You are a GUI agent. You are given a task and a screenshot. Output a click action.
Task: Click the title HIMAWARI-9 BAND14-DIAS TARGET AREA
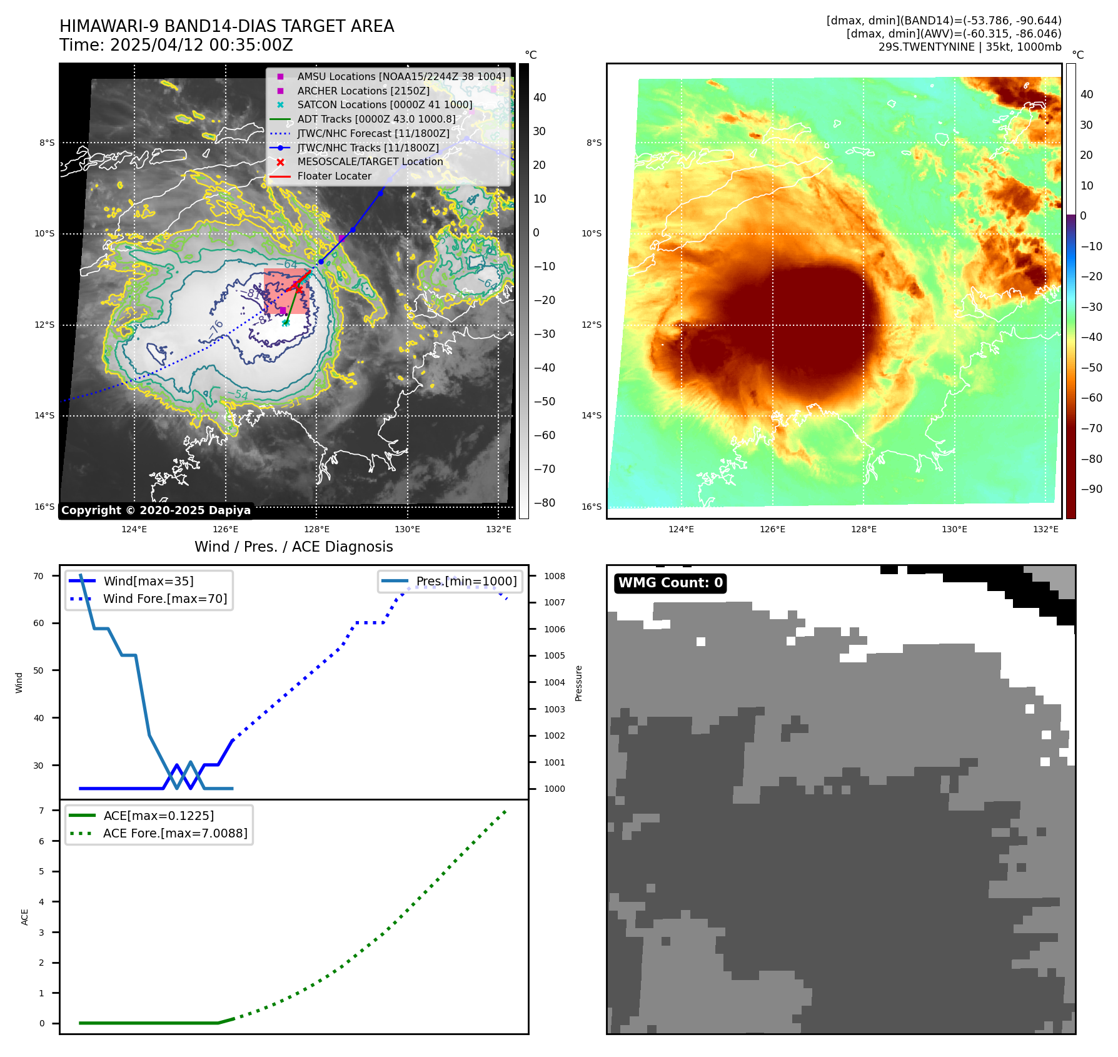coord(226,26)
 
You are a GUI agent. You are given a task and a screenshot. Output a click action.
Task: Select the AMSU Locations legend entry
coord(401,76)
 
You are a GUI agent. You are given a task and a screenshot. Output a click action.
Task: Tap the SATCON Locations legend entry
coord(385,104)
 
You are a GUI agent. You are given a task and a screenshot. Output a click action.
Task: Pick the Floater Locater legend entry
coord(334,176)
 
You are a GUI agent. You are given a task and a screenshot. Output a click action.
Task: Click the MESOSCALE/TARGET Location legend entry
coord(370,161)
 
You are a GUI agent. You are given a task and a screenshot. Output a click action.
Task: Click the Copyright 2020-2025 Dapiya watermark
coord(156,510)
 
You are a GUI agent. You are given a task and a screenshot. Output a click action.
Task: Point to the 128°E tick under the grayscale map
coord(317,529)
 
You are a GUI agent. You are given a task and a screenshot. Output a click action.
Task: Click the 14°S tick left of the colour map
coord(591,415)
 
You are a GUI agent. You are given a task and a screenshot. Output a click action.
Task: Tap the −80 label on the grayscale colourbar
coord(544,503)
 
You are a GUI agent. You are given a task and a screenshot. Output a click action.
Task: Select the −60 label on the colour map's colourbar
coord(1092,398)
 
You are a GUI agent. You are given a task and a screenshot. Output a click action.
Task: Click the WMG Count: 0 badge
coord(670,583)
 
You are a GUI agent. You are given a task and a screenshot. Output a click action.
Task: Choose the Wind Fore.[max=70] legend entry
coord(165,599)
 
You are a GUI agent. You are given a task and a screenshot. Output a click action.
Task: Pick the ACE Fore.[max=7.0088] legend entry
coord(175,833)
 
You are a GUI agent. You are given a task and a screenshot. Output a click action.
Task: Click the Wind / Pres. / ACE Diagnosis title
coord(294,547)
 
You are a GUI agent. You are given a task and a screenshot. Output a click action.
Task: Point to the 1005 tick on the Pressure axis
coord(554,655)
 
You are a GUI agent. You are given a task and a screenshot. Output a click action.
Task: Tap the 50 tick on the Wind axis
coord(39,670)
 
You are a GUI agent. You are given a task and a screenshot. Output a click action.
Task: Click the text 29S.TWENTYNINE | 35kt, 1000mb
coord(969,47)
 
